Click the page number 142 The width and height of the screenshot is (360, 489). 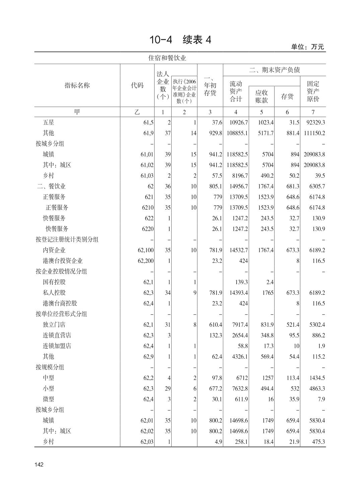(x=39, y=465)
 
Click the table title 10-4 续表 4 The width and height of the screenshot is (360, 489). (x=180, y=40)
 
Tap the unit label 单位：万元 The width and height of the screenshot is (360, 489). (x=307, y=47)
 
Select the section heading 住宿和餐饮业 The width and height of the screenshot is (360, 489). (x=167, y=58)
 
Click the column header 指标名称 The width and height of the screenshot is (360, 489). (x=77, y=85)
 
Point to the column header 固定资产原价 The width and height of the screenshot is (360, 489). (x=313, y=91)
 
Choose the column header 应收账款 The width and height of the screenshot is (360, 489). (x=261, y=96)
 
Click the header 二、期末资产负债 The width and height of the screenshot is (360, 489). (x=274, y=70)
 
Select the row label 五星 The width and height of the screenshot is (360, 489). (x=48, y=122)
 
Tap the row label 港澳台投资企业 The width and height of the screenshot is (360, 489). (x=62, y=261)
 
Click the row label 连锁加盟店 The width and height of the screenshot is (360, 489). (x=57, y=346)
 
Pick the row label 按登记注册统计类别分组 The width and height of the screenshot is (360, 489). (x=67, y=239)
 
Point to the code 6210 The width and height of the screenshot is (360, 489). (x=147, y=208)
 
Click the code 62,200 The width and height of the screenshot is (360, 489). (x=145, y=261)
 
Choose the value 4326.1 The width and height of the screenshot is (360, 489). (x=240, y=357)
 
